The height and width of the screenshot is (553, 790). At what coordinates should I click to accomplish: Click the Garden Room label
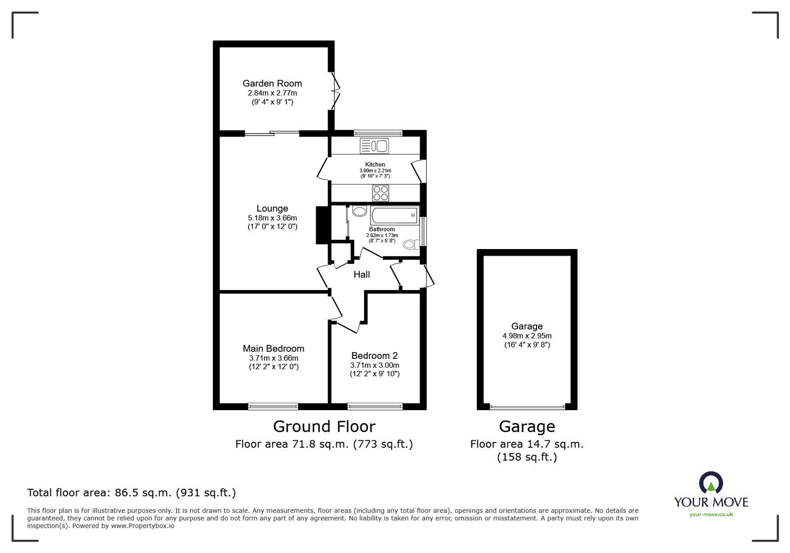click(x=272, y=84)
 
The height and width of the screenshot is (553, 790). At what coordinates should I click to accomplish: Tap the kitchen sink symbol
click(x=374, y=146)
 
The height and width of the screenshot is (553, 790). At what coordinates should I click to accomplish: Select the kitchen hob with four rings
click(x=380, y=193)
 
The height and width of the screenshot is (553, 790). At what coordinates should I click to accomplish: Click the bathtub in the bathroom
click(x=394, y=216)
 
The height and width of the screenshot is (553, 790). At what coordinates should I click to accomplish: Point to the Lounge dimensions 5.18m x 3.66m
click(x=272, y=218)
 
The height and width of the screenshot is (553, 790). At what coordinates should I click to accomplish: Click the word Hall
click(x=361, y=274)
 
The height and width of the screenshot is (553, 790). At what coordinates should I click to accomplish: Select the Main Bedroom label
click(x=273, y=348)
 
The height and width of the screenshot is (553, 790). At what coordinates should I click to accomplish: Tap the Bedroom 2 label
click(x=374, y=355)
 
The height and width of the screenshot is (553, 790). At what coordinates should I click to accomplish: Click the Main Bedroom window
click(x=273, y=406)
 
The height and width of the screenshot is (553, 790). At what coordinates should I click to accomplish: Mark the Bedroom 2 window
click(x=375, y=406)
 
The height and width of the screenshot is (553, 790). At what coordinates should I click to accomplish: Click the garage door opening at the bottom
click(x=527, y=407)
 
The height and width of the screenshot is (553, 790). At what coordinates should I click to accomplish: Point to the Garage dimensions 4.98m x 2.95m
click(x=527, y=336)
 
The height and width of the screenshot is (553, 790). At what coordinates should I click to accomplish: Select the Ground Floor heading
click(x=324, y=426)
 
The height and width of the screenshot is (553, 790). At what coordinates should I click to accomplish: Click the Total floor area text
click(x=131, y=493)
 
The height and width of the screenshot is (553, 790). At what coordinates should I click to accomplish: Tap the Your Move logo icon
click(x=711, y=483)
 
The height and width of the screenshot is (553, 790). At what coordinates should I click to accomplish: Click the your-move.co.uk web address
click(x=711, y=514)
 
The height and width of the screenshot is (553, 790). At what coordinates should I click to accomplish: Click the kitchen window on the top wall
click(x=378, y=132)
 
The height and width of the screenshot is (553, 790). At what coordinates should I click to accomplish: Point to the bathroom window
click(x=423, y=231)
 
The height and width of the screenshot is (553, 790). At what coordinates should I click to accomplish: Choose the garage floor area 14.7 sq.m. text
click(x=527, y=444)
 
